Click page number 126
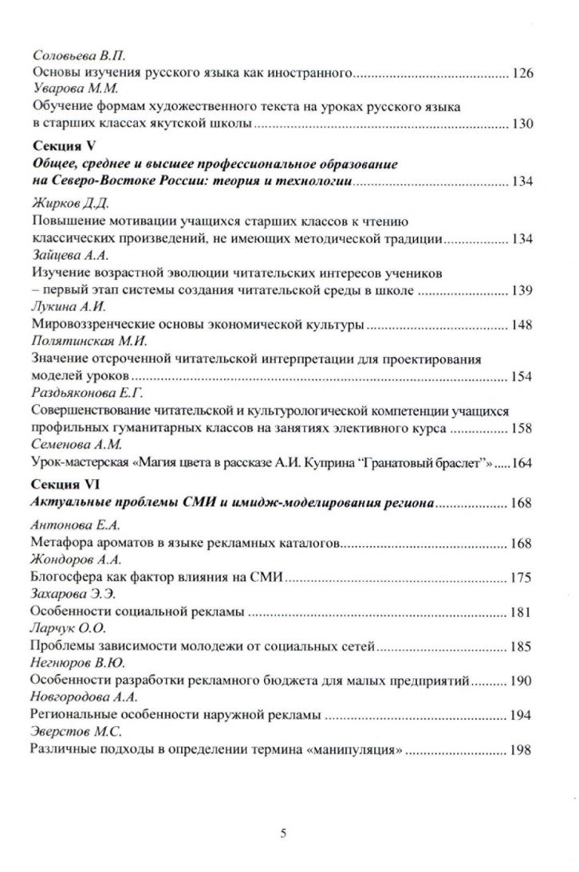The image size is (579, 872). pyautogui.click(x=522, y=74)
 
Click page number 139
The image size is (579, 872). pyautogui.click(x=522, y=290)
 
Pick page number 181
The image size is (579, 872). pyautogui.click(x=522, y=612)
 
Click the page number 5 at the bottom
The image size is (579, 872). pyautogui.click(x=284, y=835)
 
